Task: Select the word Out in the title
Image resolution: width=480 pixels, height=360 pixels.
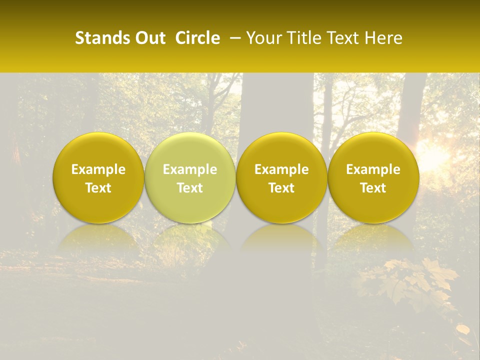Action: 149,38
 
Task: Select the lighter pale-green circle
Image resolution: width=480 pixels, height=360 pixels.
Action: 190,177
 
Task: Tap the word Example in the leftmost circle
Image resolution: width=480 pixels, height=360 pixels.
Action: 98,169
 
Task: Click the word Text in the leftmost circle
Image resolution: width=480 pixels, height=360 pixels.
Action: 98,188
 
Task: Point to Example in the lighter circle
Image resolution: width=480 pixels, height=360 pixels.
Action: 190,169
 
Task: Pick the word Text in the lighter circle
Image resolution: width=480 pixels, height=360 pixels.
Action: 190,188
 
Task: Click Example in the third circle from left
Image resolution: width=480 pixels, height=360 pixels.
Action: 281,169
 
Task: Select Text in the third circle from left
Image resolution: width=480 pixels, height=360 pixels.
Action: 281,188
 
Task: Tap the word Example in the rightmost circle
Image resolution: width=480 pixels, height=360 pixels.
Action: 373,169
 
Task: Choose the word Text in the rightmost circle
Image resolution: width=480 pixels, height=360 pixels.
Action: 373,188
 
